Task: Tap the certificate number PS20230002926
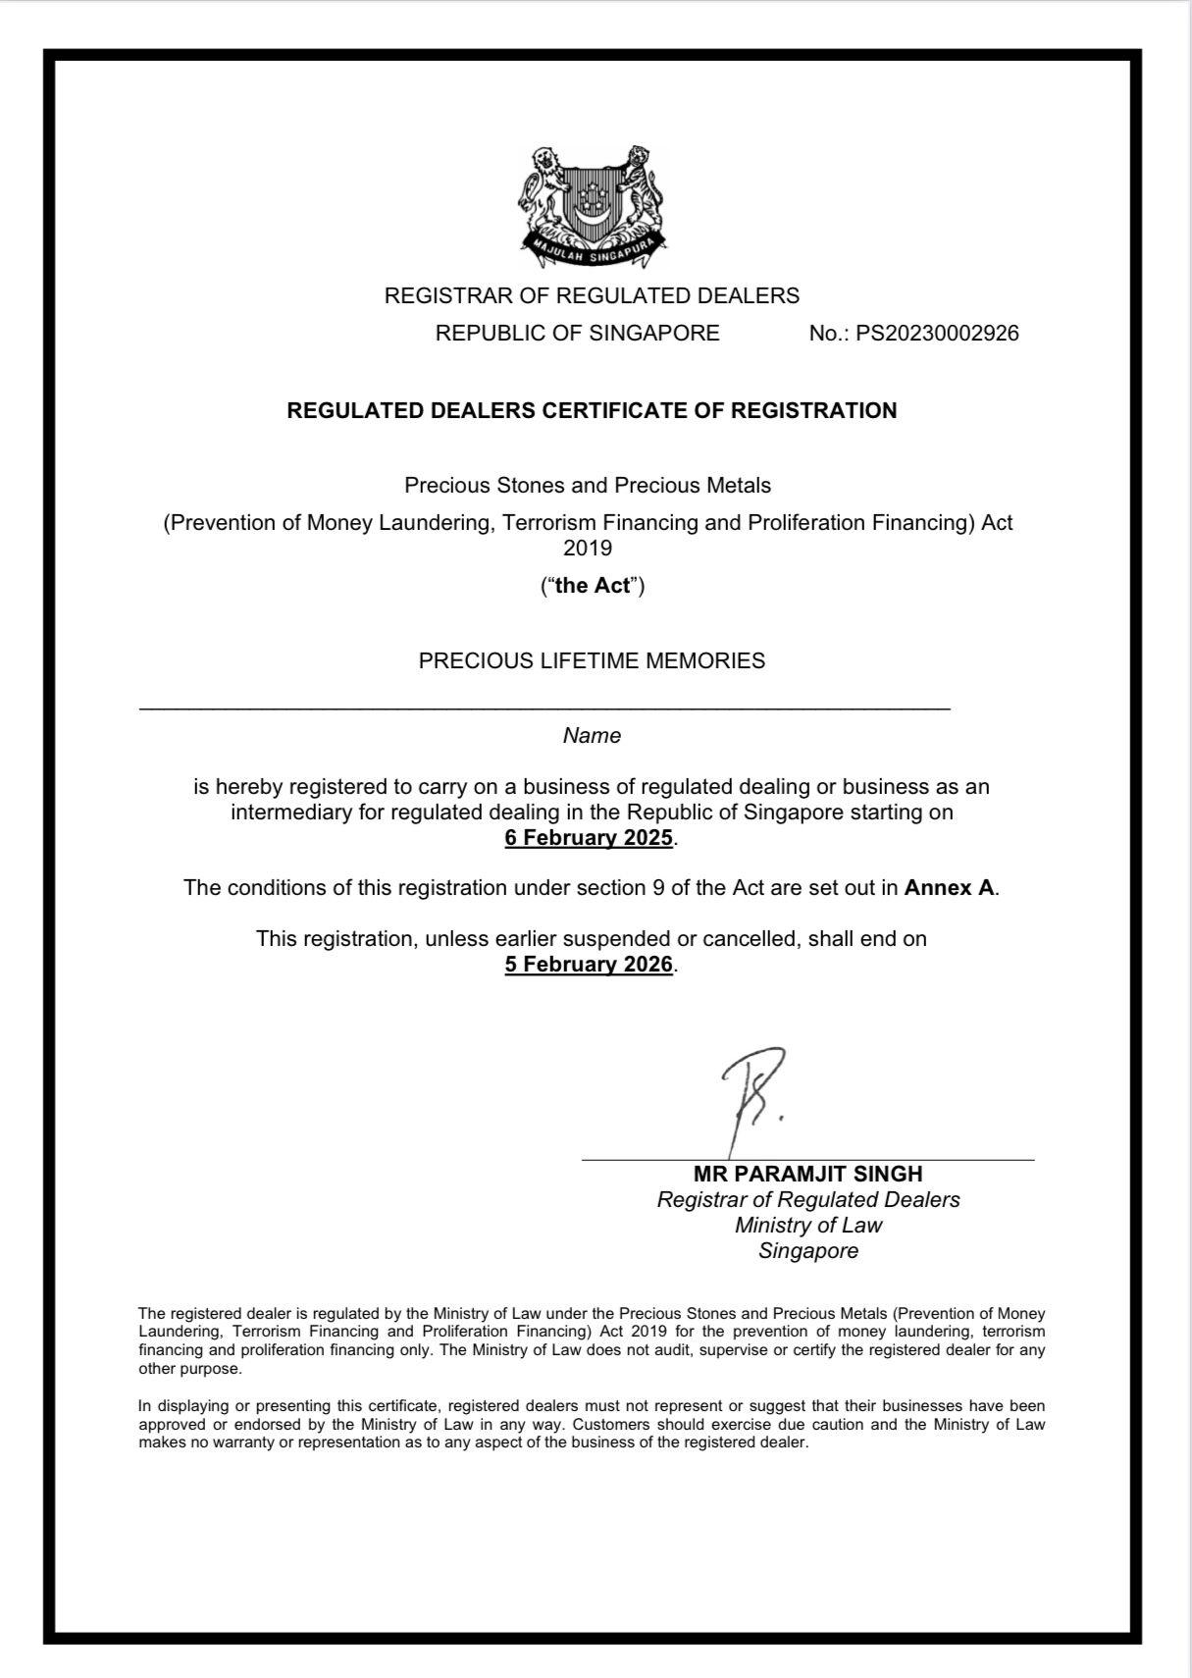(937, 334)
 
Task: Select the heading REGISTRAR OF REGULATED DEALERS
(592, 295)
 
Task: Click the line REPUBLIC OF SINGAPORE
(577, 334)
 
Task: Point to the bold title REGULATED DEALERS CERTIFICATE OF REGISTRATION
(592, 411)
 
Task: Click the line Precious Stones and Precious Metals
(588, 486)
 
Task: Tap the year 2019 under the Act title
(588, 548)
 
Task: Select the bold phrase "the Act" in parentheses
(593, 586)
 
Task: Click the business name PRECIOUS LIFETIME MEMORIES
(592, 661)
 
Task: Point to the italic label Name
(592, 736)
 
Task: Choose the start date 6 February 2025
(589, 838)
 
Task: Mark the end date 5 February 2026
(589, 965)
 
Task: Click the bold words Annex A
(949, 888)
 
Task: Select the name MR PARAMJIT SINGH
(807, 1174)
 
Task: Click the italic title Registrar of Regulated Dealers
(807, 1199)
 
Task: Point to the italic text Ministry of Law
(807, 1225)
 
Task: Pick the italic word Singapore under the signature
(807, 1251)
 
